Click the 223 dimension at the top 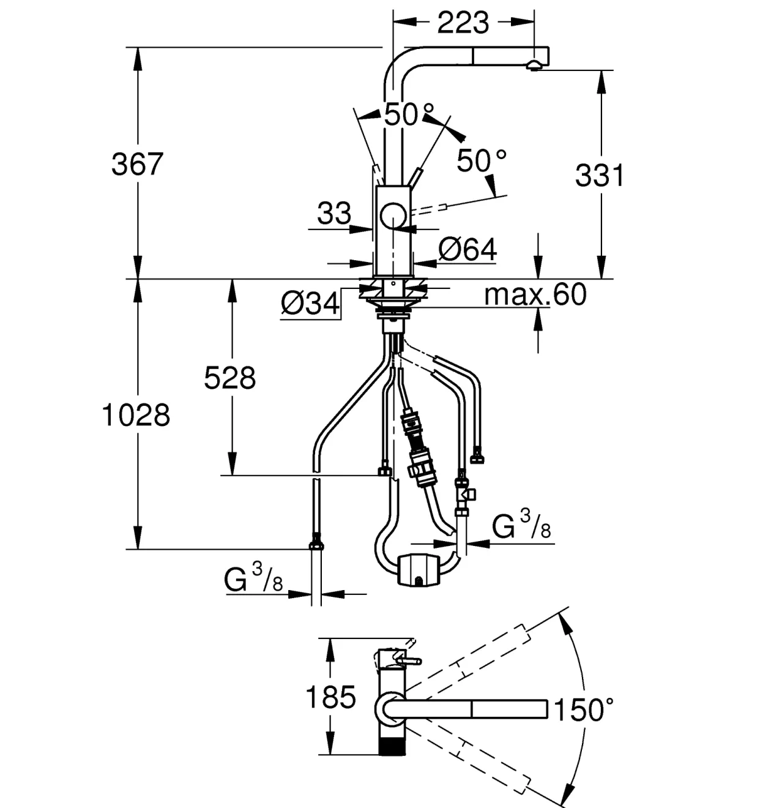(x=463, y=23)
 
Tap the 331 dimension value (x=600, y=176)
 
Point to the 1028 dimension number (x=136, y=415)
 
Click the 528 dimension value (x=229, y=378)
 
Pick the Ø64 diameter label (x=467, y=249)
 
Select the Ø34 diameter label (x=311, y=304)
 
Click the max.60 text (x=535, y=294)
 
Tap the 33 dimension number (x=334, y=213)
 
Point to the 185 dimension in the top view (x=331, y=697)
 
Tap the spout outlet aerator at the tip (x=534, y=65)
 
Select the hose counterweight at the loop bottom (x=419, y=569)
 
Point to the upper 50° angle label (x=409, y=114)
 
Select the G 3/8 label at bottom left (x=253, y=578)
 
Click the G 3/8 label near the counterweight (x=521, y=525)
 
